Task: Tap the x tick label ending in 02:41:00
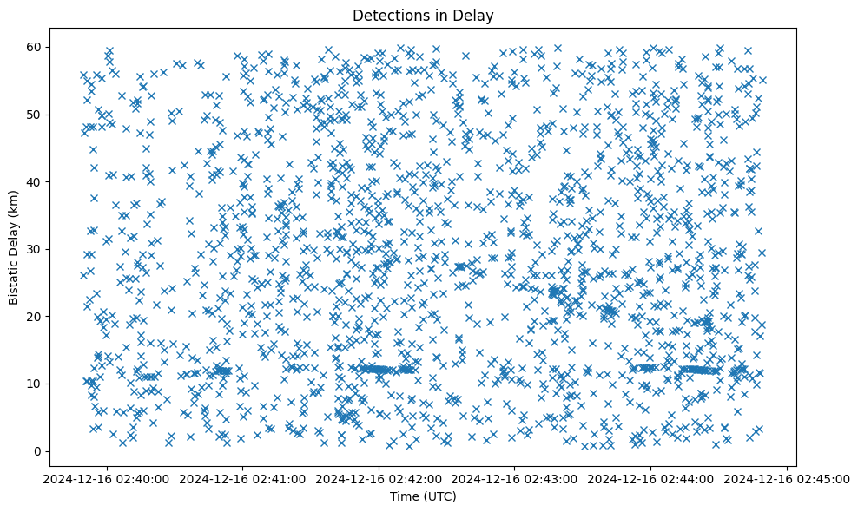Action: click(x=242, y=479)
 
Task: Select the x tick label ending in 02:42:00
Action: click(x=379, y=479)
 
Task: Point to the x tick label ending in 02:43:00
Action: click(x=515, y=479)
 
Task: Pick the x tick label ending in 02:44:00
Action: click(x=651, y=479)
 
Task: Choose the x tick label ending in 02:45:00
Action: click(x=787, y=479)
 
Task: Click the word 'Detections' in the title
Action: click(x=386, y=15)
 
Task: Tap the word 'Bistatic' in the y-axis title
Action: click(x=15, y=281)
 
